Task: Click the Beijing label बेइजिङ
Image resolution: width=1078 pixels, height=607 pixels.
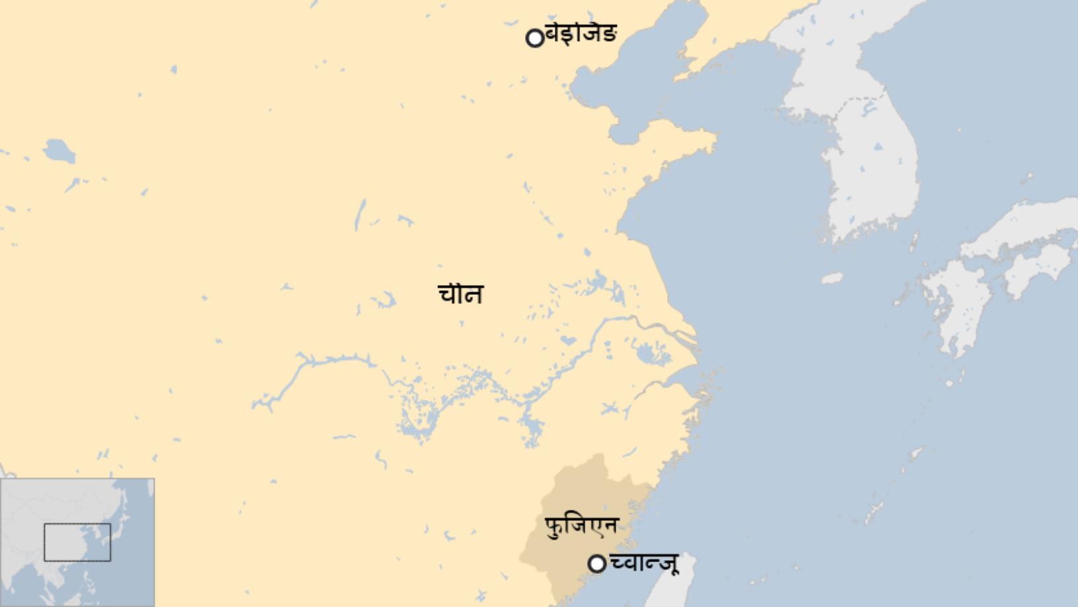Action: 581,33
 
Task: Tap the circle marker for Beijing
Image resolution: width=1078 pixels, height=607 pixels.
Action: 534,38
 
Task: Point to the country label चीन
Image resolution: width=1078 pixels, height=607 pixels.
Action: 460,294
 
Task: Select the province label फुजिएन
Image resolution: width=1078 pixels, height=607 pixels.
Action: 581,526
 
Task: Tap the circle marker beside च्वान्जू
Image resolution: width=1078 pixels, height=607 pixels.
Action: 596,563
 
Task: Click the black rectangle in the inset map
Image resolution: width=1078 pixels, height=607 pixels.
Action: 77,542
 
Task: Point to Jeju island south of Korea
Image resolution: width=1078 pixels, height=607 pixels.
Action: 832,278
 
